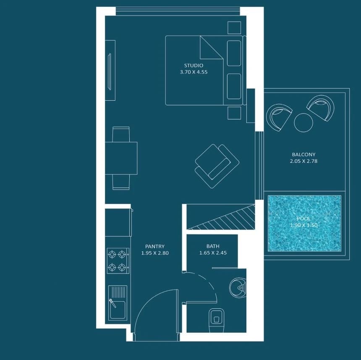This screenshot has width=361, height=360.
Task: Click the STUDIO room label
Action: (194, 65)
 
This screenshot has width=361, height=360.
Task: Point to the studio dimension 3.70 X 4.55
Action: (194, 72)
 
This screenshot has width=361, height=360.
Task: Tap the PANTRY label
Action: (155, 247)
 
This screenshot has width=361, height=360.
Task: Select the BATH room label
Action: (213, 246)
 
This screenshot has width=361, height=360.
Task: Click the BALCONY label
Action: (303, 155)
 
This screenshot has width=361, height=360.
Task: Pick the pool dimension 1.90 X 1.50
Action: (303, 225)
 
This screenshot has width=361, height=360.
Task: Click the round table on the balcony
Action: (303, 123)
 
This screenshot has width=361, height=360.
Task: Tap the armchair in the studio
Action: (217, 166)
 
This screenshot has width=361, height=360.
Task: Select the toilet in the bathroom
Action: (217, 321)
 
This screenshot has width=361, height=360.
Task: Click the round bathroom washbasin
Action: (238, 287)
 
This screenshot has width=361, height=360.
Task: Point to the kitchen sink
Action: (118, 303)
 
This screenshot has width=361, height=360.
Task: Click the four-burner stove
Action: (118, 261)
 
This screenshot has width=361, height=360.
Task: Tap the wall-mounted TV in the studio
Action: (110, 72)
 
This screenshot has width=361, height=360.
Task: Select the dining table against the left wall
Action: (121, 158)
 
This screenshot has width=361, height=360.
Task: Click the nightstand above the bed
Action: (234, 28)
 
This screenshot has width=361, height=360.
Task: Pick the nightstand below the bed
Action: (234, 113)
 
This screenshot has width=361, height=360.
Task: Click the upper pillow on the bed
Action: (234, 53)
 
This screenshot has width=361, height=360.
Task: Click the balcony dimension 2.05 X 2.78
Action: (303, 161)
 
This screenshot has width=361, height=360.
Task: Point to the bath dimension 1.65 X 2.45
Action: (213, 253)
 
